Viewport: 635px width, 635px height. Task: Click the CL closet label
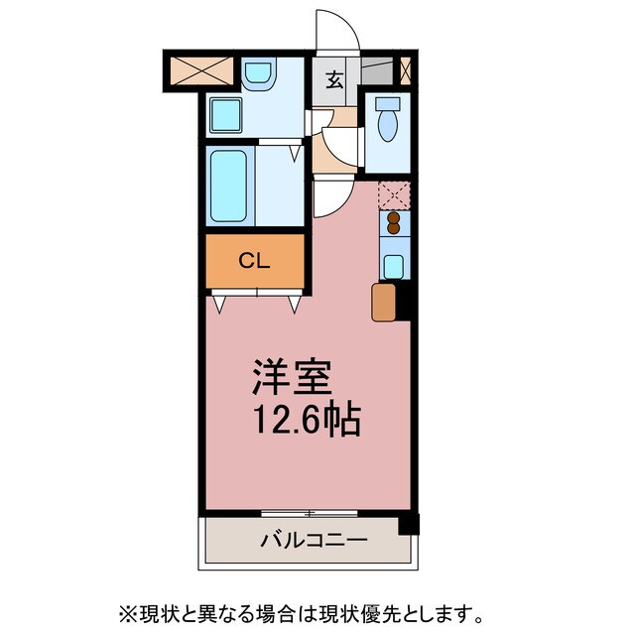click(x=255, y=261)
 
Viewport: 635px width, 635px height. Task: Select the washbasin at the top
click(x=259, y=74)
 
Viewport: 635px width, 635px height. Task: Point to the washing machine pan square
click(x=227, y=115)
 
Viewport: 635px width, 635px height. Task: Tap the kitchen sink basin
click(x=393, y=265)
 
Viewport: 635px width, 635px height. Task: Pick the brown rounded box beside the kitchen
click(x=383, y=303)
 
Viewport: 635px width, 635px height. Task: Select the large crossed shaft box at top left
click(x=200, y=71)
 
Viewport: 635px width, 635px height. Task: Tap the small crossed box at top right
click(x=406, y=69)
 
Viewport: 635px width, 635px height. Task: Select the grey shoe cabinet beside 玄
click(x=376, y=70)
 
